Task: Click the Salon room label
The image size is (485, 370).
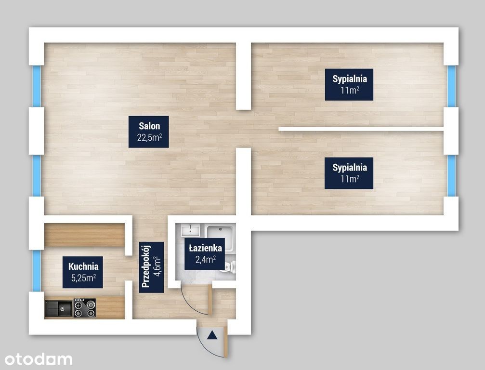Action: pyautogui.click(x=149, y=126)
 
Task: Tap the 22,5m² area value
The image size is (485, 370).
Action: pyautogui.click(x=149, y=137)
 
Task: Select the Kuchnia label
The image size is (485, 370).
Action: pyautogui.click(x=83, y=266)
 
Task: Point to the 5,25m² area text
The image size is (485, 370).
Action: pyautogui.click(x=83, y=278)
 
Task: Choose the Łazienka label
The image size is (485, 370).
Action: pyautogui.click(x=205, y=248)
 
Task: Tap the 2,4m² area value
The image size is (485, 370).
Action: pyautogui.click(x=205, y=259)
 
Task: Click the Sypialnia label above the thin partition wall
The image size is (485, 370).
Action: pyautogui.click(x=350, y=79)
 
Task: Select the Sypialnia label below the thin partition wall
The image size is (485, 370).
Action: pyautogui.click(x=350, y=168)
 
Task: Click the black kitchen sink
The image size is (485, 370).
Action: pyautogui.click(x=59, y=308)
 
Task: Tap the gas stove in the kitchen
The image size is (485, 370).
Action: pyautogui.click(x=84, y=308)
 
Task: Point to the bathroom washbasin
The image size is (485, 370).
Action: pyautogui.click(x=190, y=230)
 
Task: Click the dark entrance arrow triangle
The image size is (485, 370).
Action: pyautogui.click(x=212, y=335)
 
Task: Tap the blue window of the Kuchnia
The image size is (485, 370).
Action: pyautogui.click(x=37, y=271)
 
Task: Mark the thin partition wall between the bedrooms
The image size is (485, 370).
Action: pyautogui.click(x=361, y=129)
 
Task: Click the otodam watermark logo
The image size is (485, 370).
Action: pyautogui.click(x=39, y=359)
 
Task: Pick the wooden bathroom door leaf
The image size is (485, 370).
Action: pyautogui.click(x=210, y=300)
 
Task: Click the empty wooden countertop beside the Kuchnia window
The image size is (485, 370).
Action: pyautogui.click(x=84, y=235)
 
